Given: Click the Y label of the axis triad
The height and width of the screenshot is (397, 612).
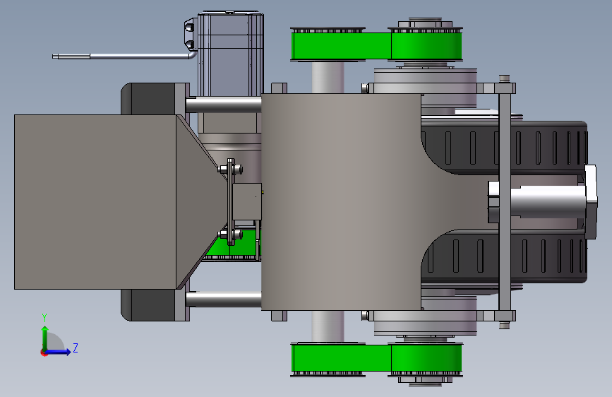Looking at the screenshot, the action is (x=44, y=318).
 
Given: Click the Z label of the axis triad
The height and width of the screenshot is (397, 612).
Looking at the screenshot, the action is (x=76, y=348).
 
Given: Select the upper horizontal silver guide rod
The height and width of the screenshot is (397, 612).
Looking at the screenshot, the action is (x=224, y=105).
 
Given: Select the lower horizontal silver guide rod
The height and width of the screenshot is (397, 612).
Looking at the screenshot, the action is (x=224, y=300).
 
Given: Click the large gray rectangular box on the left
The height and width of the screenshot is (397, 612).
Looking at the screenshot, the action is (x=95, y=202).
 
